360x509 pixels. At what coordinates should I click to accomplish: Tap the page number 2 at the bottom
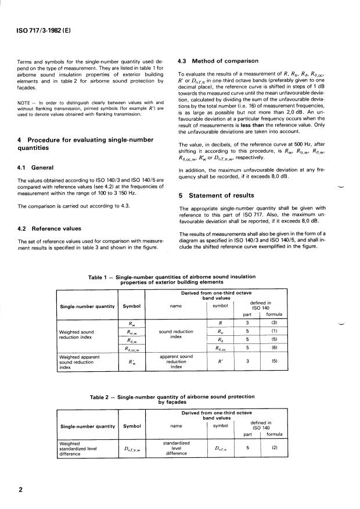tap(20, 489)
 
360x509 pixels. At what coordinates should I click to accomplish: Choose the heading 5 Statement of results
tap(217, 195)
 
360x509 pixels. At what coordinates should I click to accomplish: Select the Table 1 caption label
tap(100, 277)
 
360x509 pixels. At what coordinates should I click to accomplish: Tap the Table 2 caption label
tap(103, 397)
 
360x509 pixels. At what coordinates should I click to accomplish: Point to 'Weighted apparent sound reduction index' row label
tap(81, 362)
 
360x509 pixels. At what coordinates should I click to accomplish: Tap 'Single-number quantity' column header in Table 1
tap(87, 306)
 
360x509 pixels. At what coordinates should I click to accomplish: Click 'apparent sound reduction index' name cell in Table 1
tap(176, 361)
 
